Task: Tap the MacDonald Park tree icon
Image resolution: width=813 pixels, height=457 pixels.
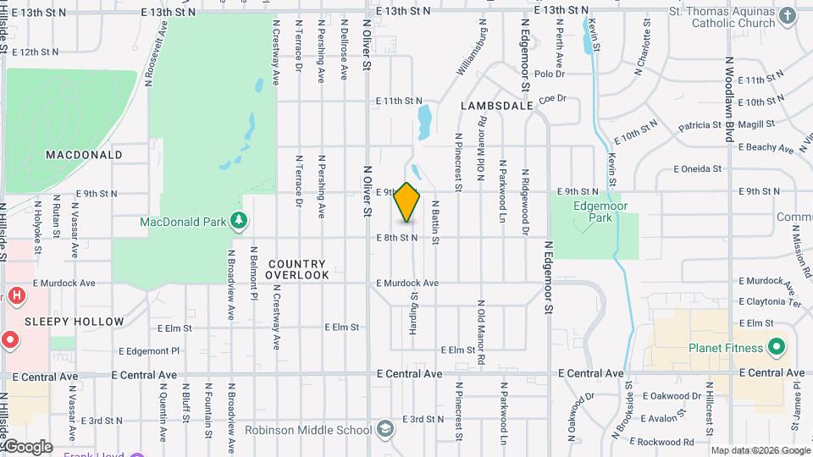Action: pos(240,222)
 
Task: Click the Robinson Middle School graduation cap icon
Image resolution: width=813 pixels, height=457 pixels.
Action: pos(385,429)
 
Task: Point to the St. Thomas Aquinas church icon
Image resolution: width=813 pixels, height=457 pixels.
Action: pos(787,16)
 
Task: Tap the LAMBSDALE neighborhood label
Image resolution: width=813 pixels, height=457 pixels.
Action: pos(497,106)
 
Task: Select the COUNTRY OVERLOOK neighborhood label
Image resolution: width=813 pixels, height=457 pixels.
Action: pos(297,269)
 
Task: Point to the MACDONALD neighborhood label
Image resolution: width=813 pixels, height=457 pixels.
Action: pos(84,155)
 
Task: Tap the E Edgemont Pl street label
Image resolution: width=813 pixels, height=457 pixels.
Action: pos(150,350)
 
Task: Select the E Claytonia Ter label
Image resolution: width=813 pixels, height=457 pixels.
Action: pos(769,301)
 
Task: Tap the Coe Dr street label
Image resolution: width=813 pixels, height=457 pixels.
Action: pos(551,99)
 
